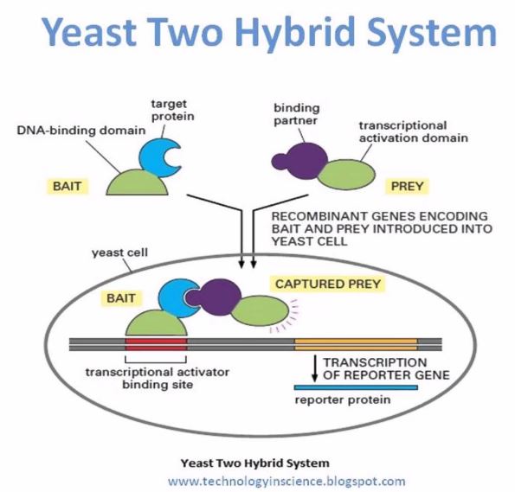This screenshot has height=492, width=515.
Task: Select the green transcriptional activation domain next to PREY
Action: pyautogui.click(x=344, y=171)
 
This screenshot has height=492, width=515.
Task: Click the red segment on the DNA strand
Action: pyautogui.click(x=158, y=345)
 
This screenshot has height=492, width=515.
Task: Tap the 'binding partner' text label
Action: pyautogui.click(x=296, y=114)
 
